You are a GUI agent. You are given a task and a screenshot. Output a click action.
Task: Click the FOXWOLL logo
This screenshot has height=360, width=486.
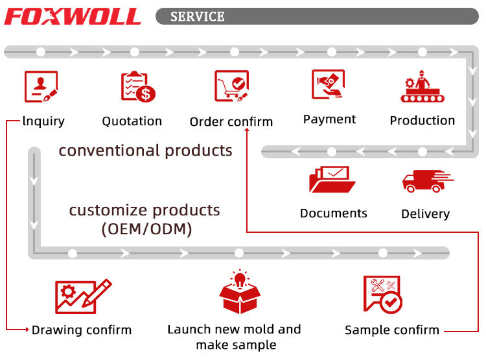[72, 16]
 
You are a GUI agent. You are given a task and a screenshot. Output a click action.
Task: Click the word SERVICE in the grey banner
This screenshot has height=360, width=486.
[197, 16]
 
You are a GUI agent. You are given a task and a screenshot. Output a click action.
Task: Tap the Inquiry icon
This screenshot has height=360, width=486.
[41, 87]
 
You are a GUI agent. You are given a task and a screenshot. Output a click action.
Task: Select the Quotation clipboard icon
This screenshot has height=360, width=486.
[138, 87]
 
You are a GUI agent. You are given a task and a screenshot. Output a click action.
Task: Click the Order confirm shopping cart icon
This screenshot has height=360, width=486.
[231, 87]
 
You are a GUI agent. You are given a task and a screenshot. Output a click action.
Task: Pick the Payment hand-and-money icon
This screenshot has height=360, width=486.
[329, 85]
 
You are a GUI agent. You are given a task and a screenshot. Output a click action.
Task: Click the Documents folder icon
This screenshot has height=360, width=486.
[332, 180]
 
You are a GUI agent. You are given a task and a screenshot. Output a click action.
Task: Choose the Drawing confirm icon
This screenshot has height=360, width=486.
[82, 297]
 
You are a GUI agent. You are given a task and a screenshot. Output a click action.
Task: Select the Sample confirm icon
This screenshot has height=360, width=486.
[382, 295]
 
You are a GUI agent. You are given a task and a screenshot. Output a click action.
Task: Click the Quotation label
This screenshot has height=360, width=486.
[132, 121]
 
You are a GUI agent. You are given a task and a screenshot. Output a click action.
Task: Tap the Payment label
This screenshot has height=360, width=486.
[329, 119]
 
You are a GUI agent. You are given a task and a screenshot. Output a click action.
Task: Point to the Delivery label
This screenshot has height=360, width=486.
[425, 214]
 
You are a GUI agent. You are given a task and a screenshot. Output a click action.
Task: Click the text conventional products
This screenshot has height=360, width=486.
[145, 151]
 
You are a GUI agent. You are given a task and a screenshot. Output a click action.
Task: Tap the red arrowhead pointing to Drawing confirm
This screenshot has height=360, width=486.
[27, 330]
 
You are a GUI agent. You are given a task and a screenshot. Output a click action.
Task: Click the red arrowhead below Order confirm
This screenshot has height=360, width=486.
[247, 132]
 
